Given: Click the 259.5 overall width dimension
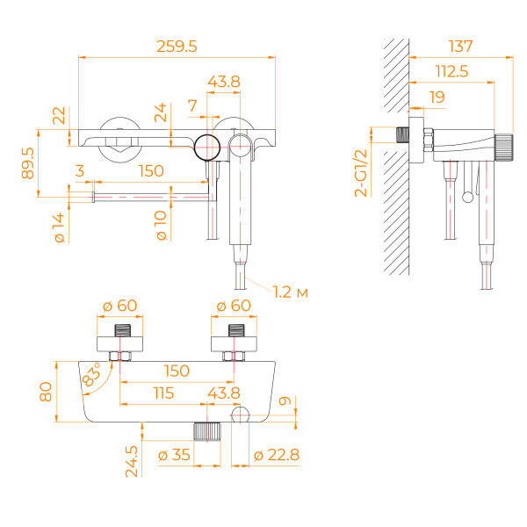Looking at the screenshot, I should [176, 44].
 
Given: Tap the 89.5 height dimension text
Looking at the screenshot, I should [28, 163].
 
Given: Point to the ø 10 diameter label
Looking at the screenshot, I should [161, 226].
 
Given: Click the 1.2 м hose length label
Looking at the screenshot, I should [290, 292].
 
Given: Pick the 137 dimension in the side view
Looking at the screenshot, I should [460, 46].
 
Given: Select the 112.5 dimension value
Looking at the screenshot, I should [450, 71].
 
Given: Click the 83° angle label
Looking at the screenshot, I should [90, 379].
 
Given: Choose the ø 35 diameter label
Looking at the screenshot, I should [175, 455].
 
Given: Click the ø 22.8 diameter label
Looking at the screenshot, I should [276, 455].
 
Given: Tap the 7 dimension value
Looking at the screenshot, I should [192, 105].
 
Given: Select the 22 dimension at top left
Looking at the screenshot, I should [59, 115].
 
